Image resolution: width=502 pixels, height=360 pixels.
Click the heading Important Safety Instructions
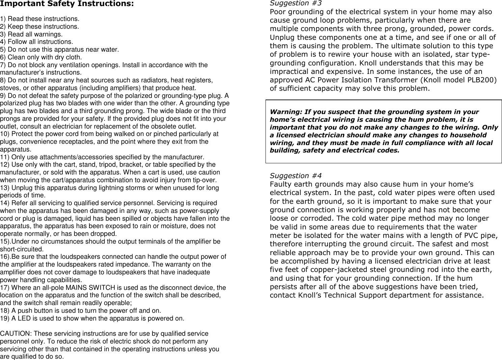67,4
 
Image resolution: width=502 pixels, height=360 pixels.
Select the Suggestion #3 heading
296,3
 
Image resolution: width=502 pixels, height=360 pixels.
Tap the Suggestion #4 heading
296,176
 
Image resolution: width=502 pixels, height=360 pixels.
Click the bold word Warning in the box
285,112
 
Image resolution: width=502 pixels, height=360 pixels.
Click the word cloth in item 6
74,57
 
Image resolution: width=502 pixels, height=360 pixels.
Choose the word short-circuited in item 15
22,249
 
